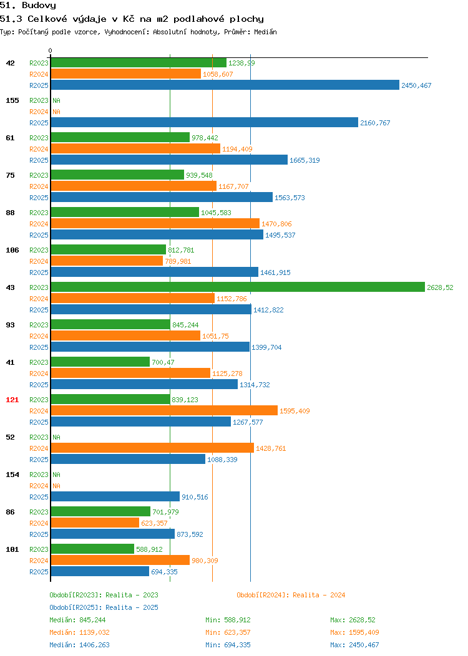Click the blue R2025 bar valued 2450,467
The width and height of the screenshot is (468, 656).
pyautogui.click(x=225, y=85)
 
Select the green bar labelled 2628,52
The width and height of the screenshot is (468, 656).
pyautogui.click(x=238, y=287)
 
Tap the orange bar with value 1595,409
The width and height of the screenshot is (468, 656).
pyautogui.click(x=164, y=410)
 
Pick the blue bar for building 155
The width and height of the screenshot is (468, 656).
pyautogui.click(x=205, y=123)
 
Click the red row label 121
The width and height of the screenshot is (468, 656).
pyautogui.click(x=12, y=400)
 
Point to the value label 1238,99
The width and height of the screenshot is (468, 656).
pyautogui.click(x=241, y=63)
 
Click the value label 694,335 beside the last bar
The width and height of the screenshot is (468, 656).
pyautogui.click(x=164, y=571)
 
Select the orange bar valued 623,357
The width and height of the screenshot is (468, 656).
pyautogui.click(x=95, y=523)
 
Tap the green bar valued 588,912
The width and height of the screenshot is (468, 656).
pyautogui.click(x=92, y=549)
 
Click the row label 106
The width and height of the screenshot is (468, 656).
pyautogui.click(x=12, y=250)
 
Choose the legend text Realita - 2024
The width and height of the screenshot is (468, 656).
pyautogui.click(x=319, y=595)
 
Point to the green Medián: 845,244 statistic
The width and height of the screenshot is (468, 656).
pyautogui.click(x=77, y=620)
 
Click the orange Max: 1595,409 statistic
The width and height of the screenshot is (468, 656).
pyautogui.click(x=354, y=632)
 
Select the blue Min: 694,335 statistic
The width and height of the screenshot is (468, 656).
pyautogui.click(x=228, y=645)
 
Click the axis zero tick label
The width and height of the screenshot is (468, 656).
pyautogui.click(x=51, y=51)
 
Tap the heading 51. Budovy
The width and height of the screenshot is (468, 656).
pyautogui.click(x=28, y=6)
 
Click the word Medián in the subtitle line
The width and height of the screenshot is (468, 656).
pyautogui.click(x=265, y=32)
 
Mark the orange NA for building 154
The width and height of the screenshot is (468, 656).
pyautogui.click(x=57, y=486)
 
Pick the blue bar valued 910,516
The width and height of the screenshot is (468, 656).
pyautogui.click(x=115, y=496)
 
